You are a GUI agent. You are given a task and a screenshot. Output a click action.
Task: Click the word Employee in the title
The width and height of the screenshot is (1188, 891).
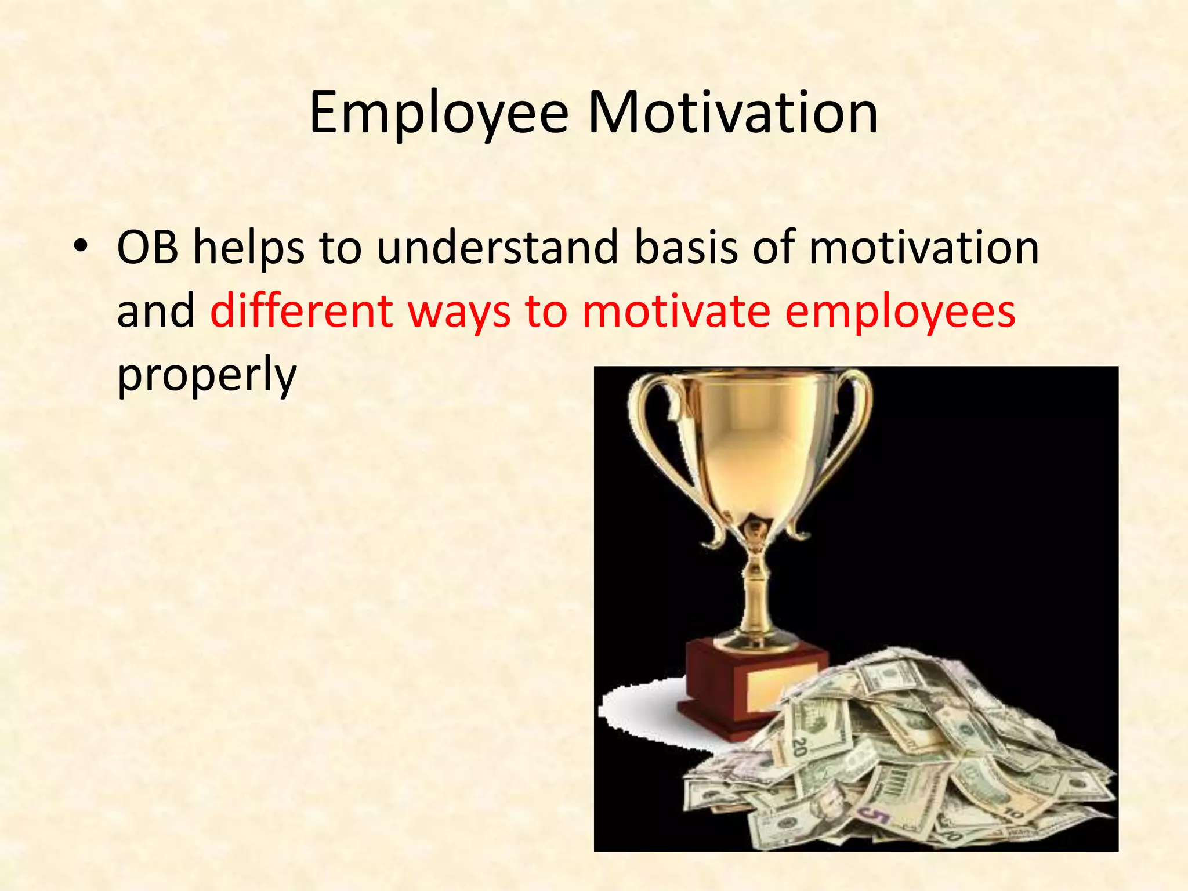pos(439,113)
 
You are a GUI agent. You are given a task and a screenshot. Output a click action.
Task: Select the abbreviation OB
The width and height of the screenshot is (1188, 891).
pos(147,248)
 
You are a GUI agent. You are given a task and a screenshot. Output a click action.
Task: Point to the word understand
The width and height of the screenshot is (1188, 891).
pos(498,248)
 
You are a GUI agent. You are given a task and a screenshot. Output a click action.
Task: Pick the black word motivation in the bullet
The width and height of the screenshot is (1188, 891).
pos(923,248)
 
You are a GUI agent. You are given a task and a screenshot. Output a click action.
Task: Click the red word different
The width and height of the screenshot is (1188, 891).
pos(301,312)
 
